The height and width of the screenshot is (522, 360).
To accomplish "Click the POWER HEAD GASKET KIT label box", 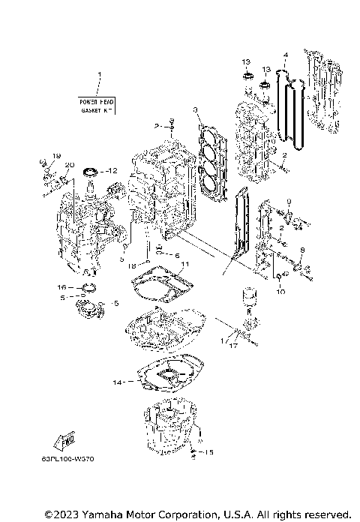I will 97,105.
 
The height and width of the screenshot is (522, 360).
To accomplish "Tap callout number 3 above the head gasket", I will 195,110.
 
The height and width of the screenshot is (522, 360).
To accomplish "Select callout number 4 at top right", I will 285,55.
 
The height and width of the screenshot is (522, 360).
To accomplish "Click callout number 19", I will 55,155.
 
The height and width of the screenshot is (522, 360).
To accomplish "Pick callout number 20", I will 69,165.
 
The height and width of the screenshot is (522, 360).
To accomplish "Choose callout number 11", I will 185,264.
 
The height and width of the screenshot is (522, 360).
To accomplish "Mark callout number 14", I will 116,382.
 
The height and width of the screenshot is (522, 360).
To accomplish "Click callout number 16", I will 62,286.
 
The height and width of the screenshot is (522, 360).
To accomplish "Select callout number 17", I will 234,346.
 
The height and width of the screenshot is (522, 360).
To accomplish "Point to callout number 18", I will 132,265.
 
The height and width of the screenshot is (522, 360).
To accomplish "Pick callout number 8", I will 302,249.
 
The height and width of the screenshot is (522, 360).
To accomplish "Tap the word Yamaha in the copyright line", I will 91,514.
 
